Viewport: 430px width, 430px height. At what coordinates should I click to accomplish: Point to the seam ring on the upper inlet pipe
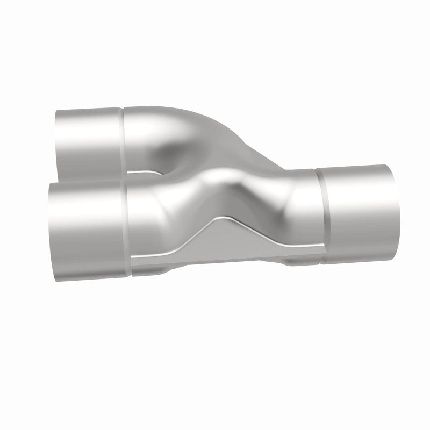point(122,137)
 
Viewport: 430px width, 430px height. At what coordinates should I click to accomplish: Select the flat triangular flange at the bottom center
point(226,247)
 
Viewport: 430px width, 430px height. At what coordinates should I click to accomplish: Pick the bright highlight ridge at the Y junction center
point(220,177)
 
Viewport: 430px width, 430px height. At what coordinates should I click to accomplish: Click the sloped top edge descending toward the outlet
point(258,153)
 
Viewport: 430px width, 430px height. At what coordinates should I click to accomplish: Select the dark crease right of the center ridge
point(253,204)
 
